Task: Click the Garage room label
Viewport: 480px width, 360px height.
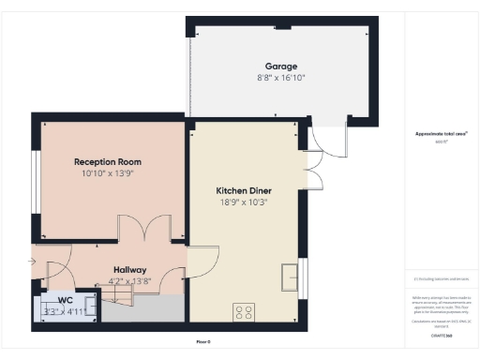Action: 280,67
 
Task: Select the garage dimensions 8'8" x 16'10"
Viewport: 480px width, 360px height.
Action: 280,78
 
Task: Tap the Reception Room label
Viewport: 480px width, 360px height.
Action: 108,162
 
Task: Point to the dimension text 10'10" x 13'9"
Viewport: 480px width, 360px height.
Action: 108,173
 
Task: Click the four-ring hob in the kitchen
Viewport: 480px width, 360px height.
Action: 244,312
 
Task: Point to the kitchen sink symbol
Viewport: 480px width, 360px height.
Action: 290,276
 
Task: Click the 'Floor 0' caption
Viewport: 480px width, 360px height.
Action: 202,341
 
